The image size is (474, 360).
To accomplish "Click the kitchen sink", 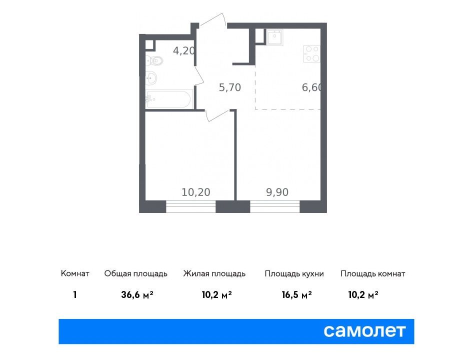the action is coord(275,37).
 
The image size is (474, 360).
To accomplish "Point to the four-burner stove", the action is coord(312,54).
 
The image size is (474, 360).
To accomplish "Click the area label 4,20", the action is coord(184,50).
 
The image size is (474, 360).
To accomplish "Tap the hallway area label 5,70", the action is coord(229,87).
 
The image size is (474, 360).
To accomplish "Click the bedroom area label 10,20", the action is coord(196,192).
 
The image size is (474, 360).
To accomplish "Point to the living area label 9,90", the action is coord(277,192).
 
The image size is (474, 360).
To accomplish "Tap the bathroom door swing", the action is coord(198,75).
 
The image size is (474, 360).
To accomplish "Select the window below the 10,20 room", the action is coord(190,206).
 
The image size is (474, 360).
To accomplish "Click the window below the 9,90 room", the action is coord(275,206).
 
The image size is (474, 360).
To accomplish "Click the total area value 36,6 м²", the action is coord(137,294).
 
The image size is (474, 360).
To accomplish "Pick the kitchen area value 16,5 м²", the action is coord(296,294).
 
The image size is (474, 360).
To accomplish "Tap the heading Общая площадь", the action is coord(135,274).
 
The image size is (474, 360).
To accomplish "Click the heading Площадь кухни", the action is coord(294,274).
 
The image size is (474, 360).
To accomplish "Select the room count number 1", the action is coord(75,294).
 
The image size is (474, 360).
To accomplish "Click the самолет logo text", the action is coord(364,331).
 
